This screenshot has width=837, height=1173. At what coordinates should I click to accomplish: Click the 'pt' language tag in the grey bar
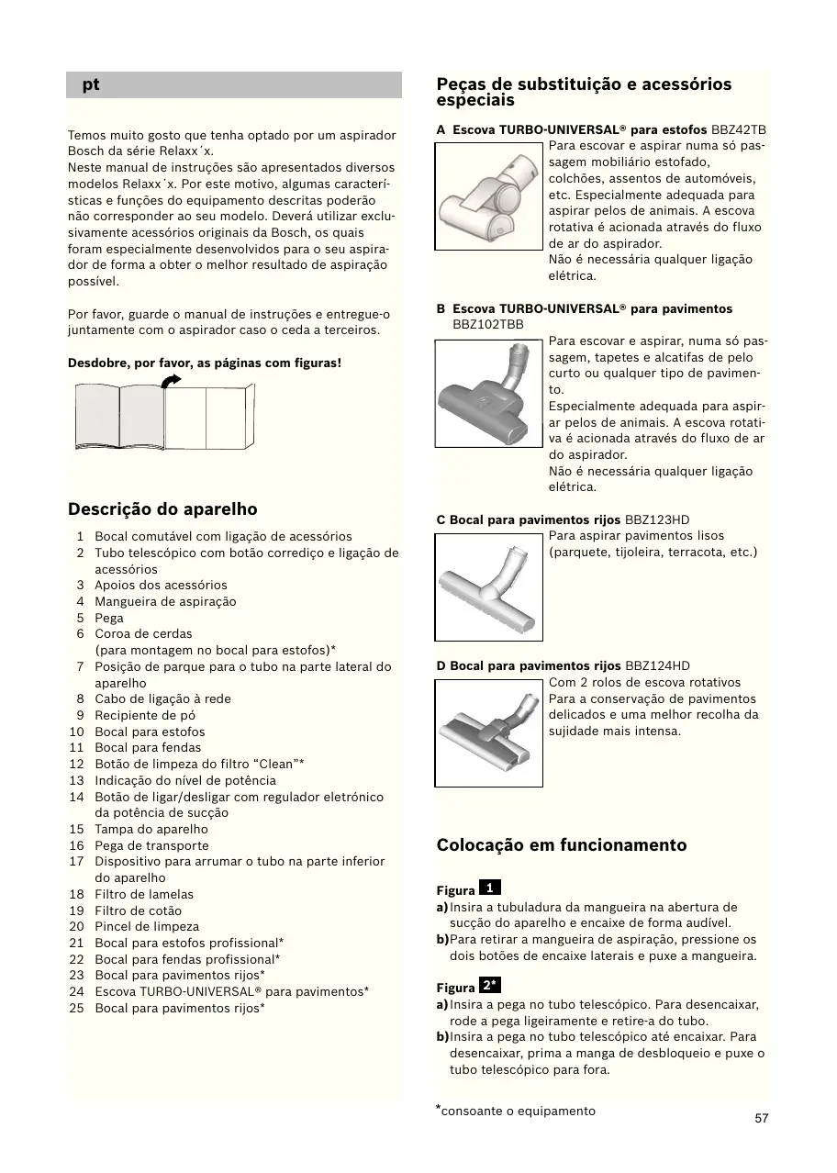[90, 85]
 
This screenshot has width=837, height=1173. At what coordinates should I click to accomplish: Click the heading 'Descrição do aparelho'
[162, 509]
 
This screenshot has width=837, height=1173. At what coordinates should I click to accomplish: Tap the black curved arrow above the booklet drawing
[171, 380]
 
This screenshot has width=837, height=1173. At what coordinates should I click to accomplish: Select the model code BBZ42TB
[739, 129]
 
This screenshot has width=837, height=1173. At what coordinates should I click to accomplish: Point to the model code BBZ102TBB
[488, 325]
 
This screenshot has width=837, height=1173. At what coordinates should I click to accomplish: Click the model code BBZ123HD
[657, 520]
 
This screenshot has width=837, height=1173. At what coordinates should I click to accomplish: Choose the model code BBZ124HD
[657, 666]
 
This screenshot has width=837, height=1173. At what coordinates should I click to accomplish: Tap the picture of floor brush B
[490, 393]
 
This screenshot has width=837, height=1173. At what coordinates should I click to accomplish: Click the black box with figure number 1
[490, 888]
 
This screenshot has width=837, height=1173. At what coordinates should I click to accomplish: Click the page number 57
[762, 1118]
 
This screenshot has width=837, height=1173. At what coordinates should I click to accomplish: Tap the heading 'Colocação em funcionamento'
[562, 845]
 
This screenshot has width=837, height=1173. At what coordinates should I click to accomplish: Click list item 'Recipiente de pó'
[145, 715]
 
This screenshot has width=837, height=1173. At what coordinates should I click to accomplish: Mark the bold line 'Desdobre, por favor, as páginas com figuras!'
[205, 363]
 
